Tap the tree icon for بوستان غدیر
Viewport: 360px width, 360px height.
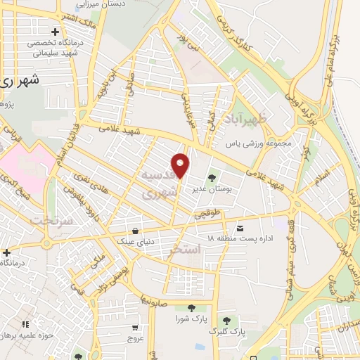click(212, 176)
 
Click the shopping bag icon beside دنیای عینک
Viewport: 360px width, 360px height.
click(134, 231)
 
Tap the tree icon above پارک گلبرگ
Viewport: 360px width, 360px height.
click(226, 320)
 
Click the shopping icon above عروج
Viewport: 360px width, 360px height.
click(135, 327)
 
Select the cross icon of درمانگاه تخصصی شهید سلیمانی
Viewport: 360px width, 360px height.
click(56, 32)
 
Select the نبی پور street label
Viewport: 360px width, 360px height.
click(193, 40)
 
